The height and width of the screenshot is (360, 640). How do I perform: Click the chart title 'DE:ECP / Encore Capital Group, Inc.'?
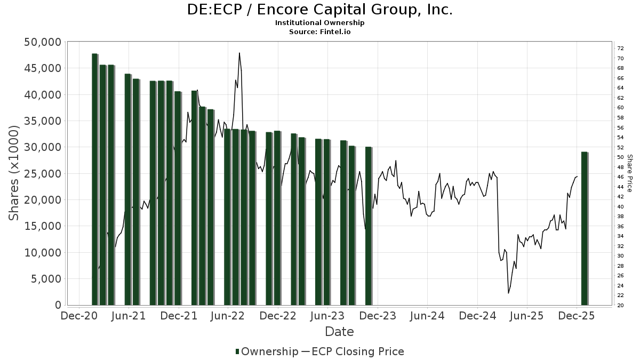tap(319, 10)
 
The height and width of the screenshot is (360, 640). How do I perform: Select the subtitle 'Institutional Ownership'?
tap(319, 23)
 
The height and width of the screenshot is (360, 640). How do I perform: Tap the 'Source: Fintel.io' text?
tap(319, 31)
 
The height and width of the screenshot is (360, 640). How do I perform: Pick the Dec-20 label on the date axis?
tap(79, 315)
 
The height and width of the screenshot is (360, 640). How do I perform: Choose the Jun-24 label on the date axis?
tap(427, 315)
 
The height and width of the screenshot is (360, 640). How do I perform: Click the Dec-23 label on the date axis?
tap(378, 315)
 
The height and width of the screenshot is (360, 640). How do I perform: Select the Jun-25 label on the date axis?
tap(527, 315)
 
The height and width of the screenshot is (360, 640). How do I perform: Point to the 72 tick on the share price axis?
tap(620, 48)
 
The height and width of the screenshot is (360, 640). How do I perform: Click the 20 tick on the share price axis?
tap(620, 305)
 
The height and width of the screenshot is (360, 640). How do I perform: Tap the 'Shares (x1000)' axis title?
tap(14, 173)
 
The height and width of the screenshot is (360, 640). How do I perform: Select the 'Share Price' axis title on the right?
tap(629, 173)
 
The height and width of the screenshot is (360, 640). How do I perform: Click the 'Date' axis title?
tap(339, 332)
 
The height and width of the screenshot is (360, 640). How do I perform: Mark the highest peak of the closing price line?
tap(239, 53)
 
